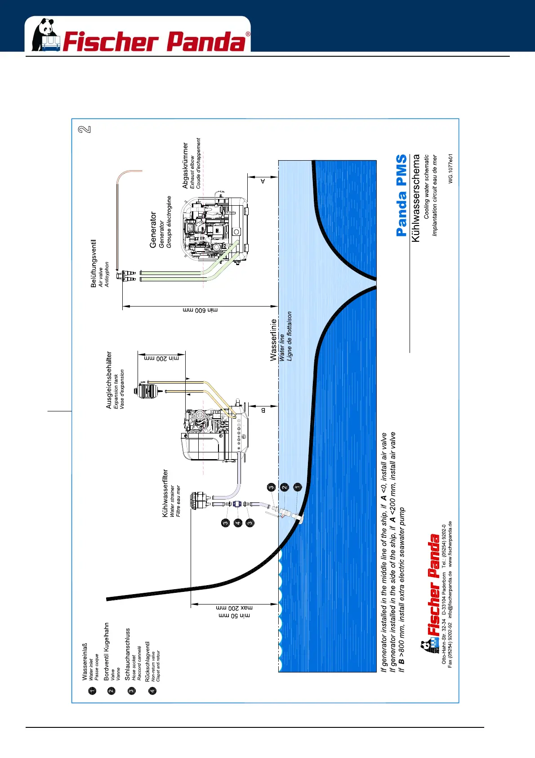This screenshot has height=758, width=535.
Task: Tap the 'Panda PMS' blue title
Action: click(401, 195)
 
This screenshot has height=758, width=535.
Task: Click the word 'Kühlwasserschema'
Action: click(416, 198)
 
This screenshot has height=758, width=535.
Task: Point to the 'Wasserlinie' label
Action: click(273, 340)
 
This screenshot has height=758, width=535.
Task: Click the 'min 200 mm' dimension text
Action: click(161, 358)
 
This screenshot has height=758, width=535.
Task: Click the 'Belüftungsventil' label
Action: click(94, 263)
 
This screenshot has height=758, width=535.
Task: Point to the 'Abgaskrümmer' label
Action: click(185, 165)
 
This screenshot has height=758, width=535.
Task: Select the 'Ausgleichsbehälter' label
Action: click(109, 380)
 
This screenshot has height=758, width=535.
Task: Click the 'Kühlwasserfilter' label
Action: click(165, 493)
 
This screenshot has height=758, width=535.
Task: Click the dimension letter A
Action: click(263, 181)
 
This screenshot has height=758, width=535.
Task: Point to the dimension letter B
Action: click(263, 410)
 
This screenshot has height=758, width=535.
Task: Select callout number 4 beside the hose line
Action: click(238, 523)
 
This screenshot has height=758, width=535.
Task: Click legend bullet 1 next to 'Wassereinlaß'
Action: click(92, 691)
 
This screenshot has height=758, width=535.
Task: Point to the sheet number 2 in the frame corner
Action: click(85, 130)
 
